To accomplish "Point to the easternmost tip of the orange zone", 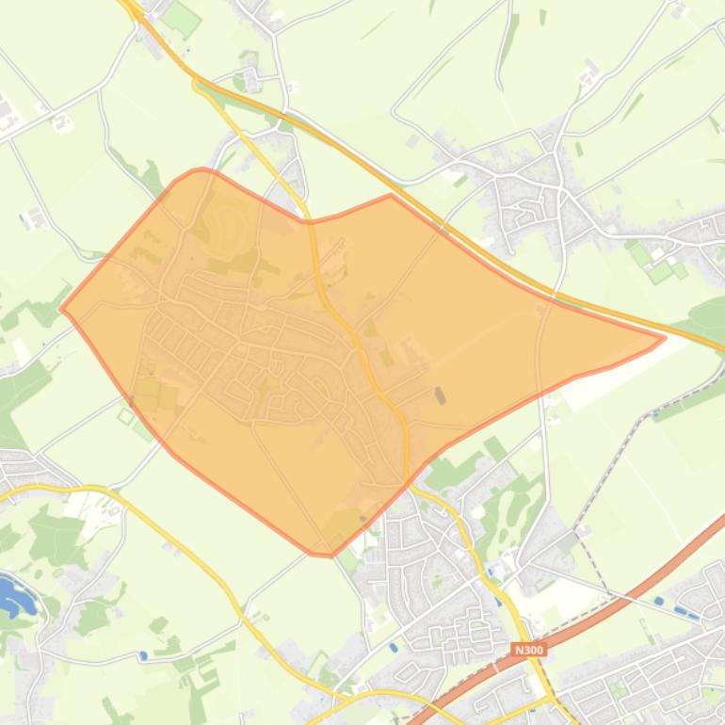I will pyautogui.click(x=665, y=337).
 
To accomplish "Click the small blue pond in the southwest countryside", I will pyautogui.click(x=142, y=655).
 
